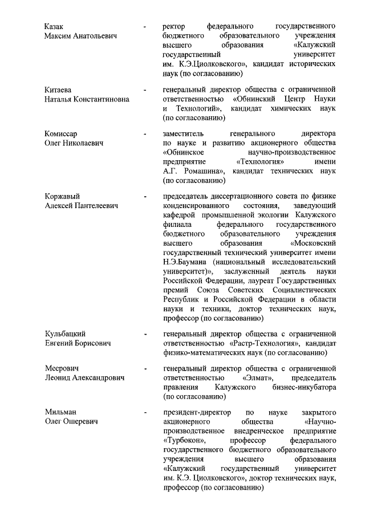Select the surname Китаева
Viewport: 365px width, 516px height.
(x=59, y=90)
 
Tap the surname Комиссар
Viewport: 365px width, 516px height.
(x=61, y=134)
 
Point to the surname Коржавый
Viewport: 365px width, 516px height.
(x=62, y=197)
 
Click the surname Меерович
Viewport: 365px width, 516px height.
(x=62, y=368)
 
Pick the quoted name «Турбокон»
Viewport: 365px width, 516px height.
(x=185, y=440)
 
